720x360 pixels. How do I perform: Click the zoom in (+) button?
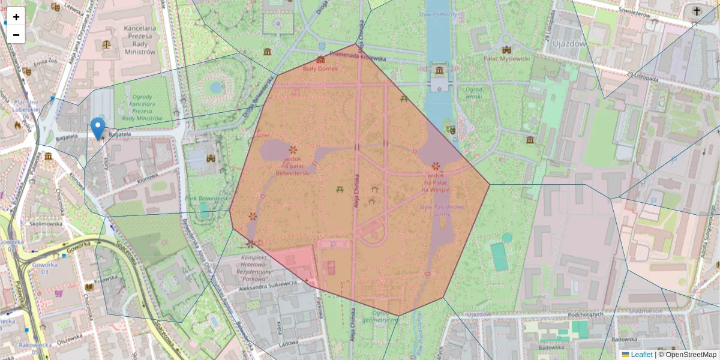(x=16, y=16)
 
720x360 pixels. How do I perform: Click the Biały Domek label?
(x=320, y=68)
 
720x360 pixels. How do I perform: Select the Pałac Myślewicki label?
(x=507, y=59)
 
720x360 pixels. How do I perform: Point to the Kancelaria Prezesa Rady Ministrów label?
(x=139, y=40)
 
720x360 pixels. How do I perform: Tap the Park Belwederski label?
(x=208, y=198)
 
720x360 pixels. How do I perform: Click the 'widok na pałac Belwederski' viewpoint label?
(x=293, y=165)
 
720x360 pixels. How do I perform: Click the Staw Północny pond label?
(x=439, y=14)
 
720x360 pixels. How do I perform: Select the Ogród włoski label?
(x=474, y=92)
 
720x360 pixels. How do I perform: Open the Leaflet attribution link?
(x=641, y=355)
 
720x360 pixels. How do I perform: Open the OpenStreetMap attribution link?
(x=691, y=355)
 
